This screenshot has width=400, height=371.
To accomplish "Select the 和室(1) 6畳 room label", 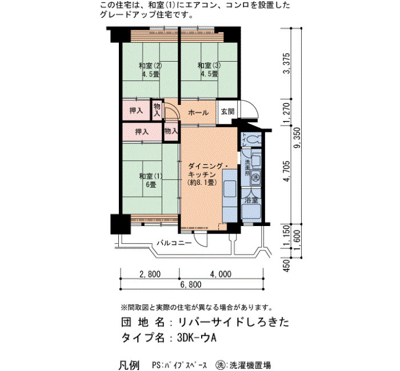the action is tap(151, 180).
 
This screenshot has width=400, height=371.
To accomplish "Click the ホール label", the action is tap(198, 112).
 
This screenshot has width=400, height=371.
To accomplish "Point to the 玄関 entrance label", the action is tap(227, 111).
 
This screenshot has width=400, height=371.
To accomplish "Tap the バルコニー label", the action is tap(174, 243).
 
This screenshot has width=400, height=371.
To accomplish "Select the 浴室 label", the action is tap(251, 200).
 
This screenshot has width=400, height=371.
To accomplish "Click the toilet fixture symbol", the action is tap(254, 139).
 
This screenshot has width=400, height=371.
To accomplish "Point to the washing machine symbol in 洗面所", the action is tap(255, 176).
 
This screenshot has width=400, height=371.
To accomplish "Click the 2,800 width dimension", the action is tap(150, 274).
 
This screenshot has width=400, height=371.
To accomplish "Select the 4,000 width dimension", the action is tap(221, 274).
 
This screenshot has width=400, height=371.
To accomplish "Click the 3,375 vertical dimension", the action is tap(287, 63).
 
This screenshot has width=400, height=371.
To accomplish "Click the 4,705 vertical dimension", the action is tap(287, 171).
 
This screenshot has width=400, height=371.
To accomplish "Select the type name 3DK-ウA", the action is tap(197, 338).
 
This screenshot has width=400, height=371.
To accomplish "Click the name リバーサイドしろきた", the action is tap(233, 322).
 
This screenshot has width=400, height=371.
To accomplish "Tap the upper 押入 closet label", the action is tap(136, 111).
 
